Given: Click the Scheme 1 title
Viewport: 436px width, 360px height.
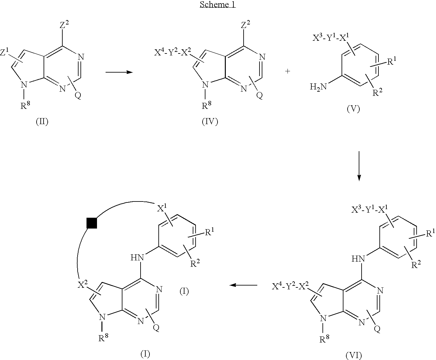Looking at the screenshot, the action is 218,5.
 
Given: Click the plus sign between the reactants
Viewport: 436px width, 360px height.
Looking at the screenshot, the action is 288,72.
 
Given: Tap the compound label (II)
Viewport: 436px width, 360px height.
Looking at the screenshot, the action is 42,122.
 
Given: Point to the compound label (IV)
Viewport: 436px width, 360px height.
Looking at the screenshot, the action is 210,122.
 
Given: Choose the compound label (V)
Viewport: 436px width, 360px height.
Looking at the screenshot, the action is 353,109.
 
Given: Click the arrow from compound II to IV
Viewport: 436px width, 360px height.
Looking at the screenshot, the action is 119,72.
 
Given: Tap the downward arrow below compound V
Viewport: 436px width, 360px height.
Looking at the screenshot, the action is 359,166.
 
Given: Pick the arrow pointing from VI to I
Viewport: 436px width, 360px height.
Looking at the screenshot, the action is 243,285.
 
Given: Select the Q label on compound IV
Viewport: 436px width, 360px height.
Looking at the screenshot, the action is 260,96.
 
